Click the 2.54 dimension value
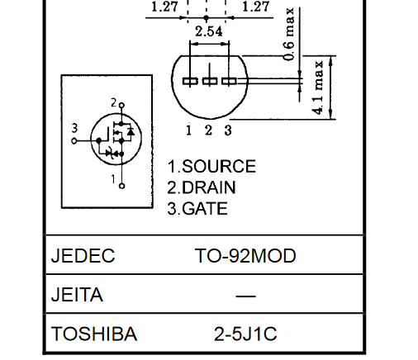(208, 31)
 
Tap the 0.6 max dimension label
(289, 34)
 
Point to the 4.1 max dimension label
(318, 88)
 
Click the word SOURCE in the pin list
(219, 166)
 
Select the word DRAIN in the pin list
(209, 187)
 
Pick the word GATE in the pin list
(205, 208)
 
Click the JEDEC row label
(83, 255)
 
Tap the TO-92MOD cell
(245, 255)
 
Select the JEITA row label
(77, 295)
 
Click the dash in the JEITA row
(245, 296)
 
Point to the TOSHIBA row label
(94, 334)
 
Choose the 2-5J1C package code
(245, 334)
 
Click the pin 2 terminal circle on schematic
(121, 106)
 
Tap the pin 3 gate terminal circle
(74, 141)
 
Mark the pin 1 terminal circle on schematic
(121, 186)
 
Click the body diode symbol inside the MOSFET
(131, 131)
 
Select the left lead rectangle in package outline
(190, 81)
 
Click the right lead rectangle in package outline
(229, 81)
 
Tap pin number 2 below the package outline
(208, 130)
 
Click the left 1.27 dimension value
(164, 7)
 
